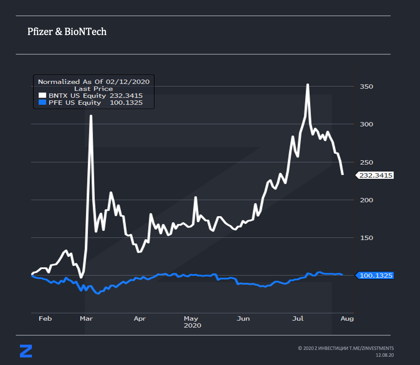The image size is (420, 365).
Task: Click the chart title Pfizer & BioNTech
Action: coord(67,32)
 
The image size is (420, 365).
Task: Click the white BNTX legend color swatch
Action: coord(42,96)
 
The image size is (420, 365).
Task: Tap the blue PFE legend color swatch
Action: coord(42,102)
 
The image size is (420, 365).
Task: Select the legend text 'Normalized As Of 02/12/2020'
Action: coord(94,81)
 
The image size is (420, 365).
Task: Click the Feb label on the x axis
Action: coord(45,319)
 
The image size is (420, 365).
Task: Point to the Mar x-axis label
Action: coord(86,319)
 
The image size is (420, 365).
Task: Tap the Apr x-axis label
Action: coord(139,319)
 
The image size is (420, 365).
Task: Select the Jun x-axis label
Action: coord(243,319)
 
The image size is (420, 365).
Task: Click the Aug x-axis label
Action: coord(347,319)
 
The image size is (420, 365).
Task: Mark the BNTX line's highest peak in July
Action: coord(308,85)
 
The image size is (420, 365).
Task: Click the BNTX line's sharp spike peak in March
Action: coord(91,116)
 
